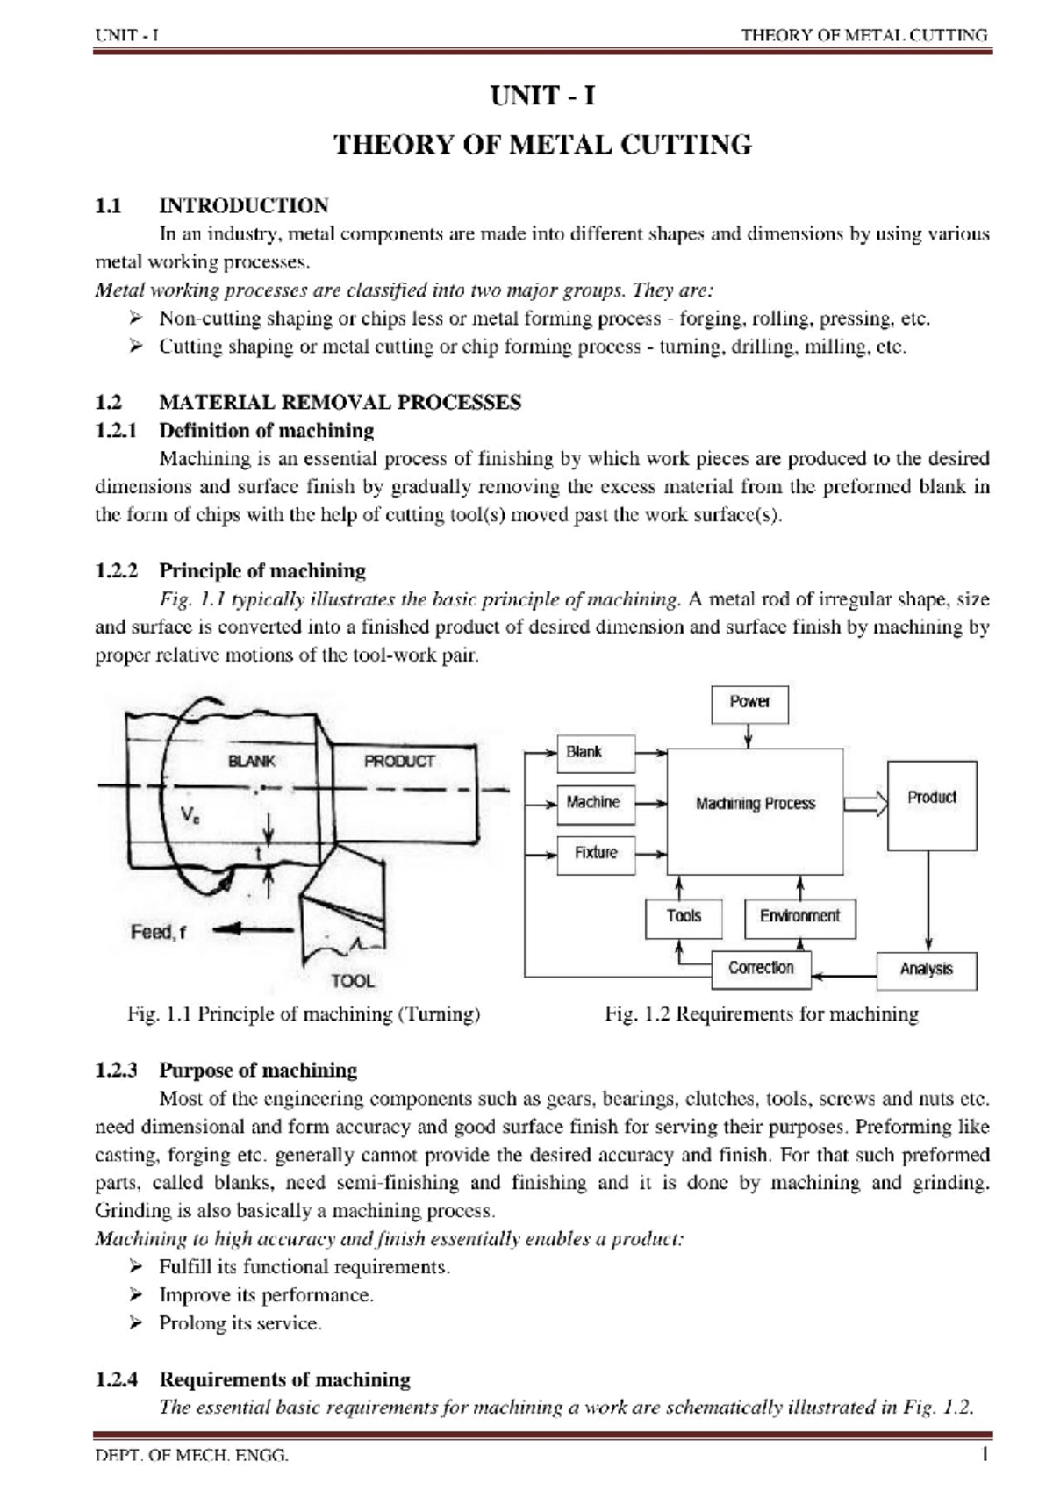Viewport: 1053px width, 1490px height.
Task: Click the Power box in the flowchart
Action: pyautogui.click(x=749, y=704)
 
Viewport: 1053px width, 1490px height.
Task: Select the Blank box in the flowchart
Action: pyautogui.click(x=596, y=752)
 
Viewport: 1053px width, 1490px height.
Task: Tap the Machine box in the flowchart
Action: pyautogui.click(x=596, y=802)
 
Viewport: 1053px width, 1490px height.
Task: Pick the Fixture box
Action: pyautogui.click(x=596, y=852)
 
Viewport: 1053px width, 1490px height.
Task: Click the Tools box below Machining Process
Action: pyautogui.click(x=684, y=917)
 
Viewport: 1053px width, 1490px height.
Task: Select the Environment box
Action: pyautogui.click(x=799, y=917)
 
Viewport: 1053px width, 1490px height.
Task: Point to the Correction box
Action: pyautogui.click(x=760, y=968)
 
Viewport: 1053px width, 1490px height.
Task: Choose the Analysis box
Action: pyautogui.click(x=927, y=970)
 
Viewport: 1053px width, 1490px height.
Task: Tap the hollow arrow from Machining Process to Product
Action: pyautogui.click(x=865, y=804)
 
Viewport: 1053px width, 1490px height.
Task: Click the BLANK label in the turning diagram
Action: pyautogui.click(x=252, y=761)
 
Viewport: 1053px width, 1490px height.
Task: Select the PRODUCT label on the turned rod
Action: pyautogui.click(x=400, y=761)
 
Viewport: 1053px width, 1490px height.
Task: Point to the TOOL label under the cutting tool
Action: pyautogui.click(x=353, y=981)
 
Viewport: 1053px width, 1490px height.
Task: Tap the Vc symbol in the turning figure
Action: pyautogui.click(x=190, y=814)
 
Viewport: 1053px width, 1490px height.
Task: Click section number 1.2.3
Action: pyautogui.click(x=117, y=1071)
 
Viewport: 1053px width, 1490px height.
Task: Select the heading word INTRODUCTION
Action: pyautogui.click(x=243, y=206)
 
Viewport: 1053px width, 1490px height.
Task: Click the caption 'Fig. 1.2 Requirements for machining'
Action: pyautogui.click(x=761, y=1014)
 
